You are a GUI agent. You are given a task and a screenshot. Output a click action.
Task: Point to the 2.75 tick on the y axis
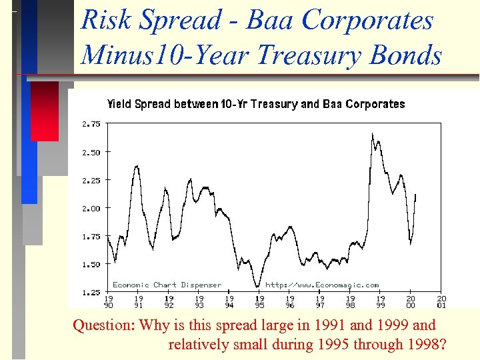click(91, 124)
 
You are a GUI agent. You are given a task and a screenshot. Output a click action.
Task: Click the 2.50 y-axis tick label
click(91, 152)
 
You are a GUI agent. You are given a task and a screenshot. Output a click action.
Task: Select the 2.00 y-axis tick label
click(91, 208)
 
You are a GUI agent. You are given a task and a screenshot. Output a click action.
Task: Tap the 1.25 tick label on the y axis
click(91, 292)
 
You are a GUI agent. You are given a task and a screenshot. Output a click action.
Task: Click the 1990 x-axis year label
click(108, 302)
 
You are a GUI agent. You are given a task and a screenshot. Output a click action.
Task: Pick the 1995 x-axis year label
click(259, 302)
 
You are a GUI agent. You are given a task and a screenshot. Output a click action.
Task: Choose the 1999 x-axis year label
click(381, 302)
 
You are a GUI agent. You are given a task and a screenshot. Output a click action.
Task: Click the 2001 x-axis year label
click(441, 302)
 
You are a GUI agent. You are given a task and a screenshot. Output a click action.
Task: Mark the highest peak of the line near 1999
click(373, 134)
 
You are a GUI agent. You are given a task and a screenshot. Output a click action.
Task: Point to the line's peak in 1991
click(137, 166)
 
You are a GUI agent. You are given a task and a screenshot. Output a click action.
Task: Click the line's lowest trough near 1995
click(257, 287)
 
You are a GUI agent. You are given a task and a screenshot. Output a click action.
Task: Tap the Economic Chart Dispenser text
click(167, 285)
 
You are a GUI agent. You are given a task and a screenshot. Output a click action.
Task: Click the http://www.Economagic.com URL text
click(322, 285)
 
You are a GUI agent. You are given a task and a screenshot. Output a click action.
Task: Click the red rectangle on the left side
click(45, 111)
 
